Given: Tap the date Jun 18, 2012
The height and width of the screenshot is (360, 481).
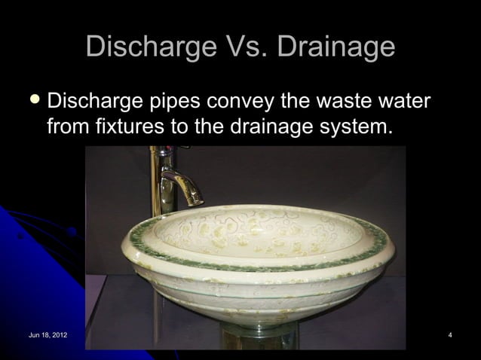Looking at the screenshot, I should pyautogui.click(x=47, y=334).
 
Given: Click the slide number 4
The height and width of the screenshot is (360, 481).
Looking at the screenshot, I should pyautogui.click(x=449, y=334).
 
